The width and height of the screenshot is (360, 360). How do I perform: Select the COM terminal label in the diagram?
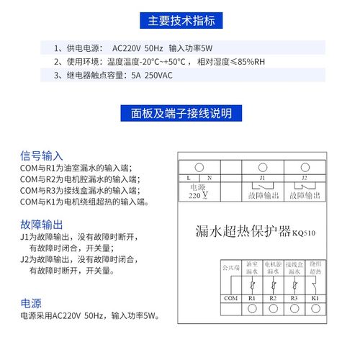230,297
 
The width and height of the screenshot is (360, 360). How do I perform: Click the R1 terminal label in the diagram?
252,297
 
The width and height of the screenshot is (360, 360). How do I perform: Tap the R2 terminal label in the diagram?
272,297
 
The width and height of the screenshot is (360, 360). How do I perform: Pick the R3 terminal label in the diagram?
293,297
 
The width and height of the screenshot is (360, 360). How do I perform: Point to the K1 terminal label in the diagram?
314,297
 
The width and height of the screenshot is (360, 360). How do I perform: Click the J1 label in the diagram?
263,176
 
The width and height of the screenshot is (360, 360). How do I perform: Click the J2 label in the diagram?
304,176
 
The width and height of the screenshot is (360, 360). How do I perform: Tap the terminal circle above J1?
263,167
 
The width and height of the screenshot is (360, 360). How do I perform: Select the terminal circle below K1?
314,309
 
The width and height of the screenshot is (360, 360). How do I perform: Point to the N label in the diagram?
210,176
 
